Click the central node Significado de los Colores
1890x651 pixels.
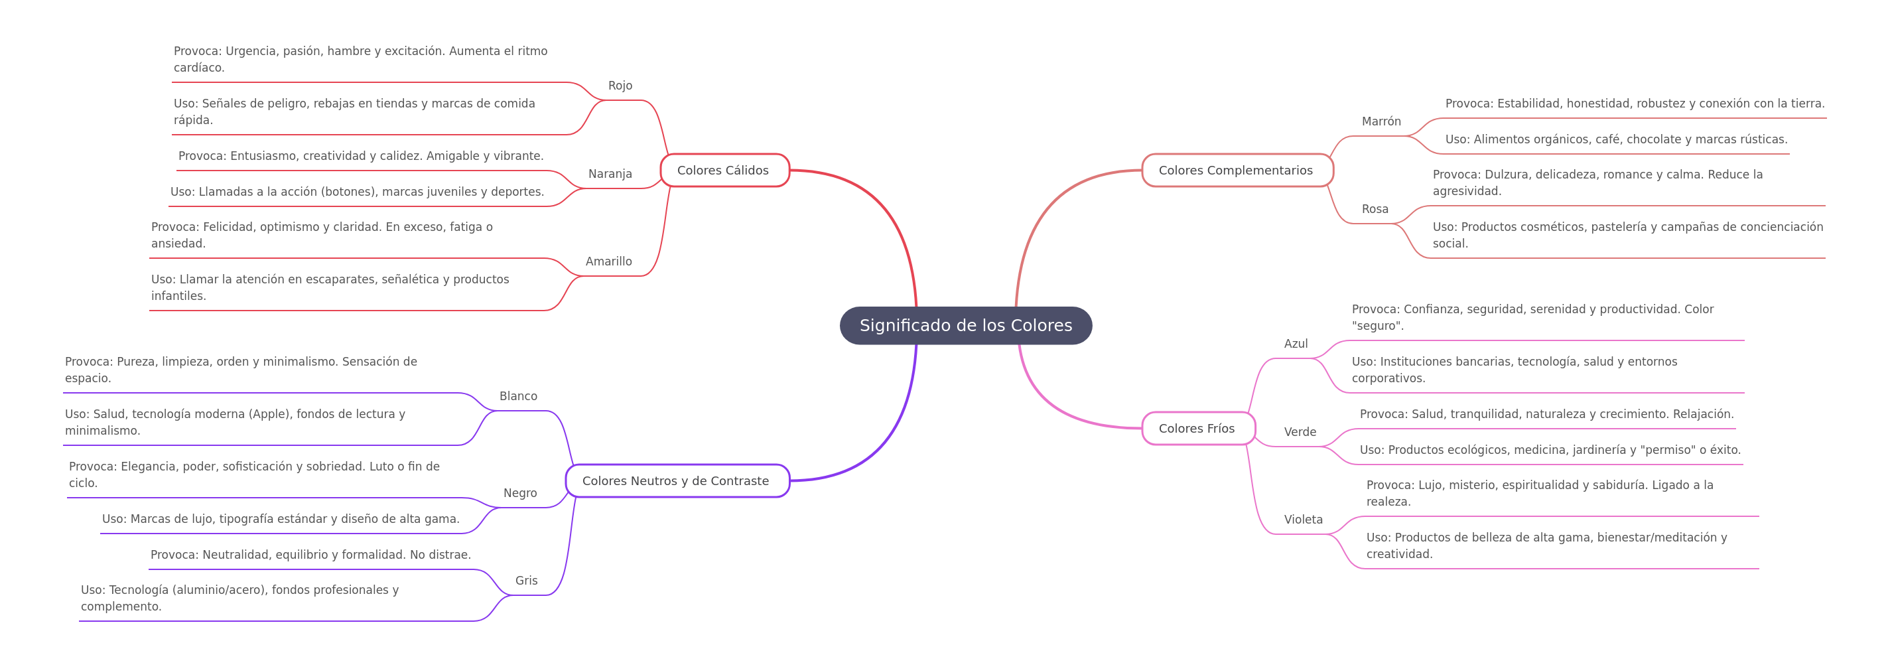click(965, 325)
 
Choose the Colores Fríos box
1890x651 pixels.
click(1198, 429)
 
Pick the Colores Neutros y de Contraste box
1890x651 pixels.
click(677, 480)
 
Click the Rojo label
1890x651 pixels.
click(620, 86)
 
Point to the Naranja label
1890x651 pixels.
click(610, 174)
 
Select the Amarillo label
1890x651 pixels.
click(608, 261)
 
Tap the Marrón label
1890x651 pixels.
click(1381, 121)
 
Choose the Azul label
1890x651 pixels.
click(1296, 344)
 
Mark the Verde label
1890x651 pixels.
click(1300, 432)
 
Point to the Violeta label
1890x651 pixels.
click(1303, 520)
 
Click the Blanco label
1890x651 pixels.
click(518, 396)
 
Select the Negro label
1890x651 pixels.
click(519, 493)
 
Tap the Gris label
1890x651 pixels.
click(526, 581)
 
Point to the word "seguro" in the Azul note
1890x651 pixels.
click(1377, 326)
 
